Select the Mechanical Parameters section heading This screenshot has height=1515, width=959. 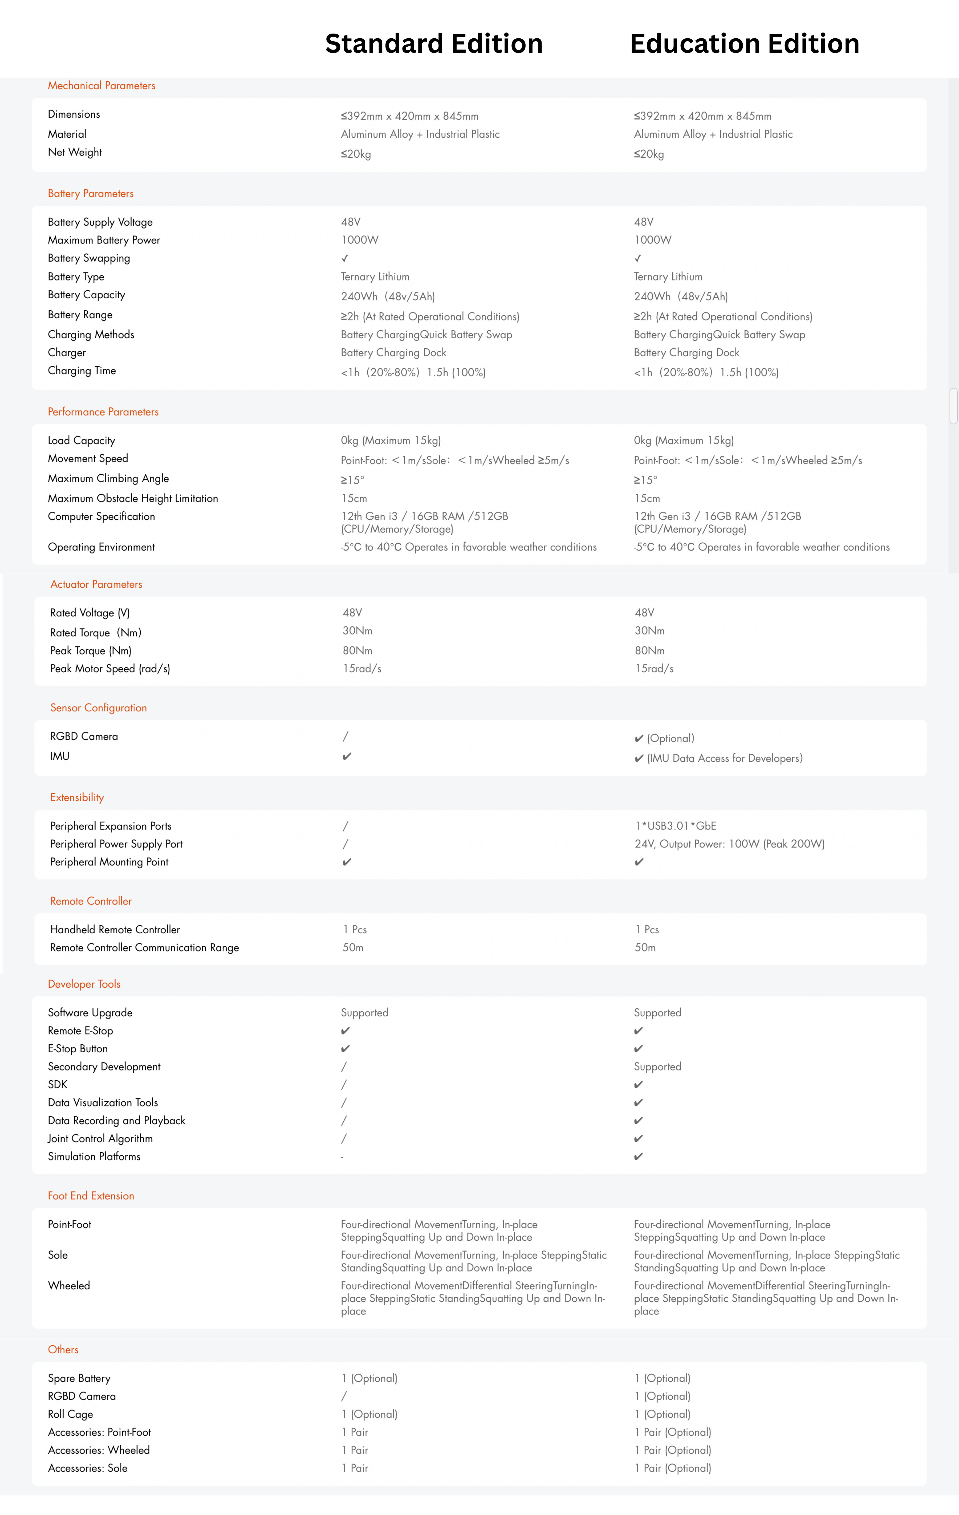point(101,85)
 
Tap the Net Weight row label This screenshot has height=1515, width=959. point(75,152)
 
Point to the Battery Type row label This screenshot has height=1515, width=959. point(76,277)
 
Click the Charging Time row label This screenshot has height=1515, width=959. point(82,370)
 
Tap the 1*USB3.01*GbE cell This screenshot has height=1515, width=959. point(675,826)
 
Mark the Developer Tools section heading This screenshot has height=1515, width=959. point(84,984)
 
